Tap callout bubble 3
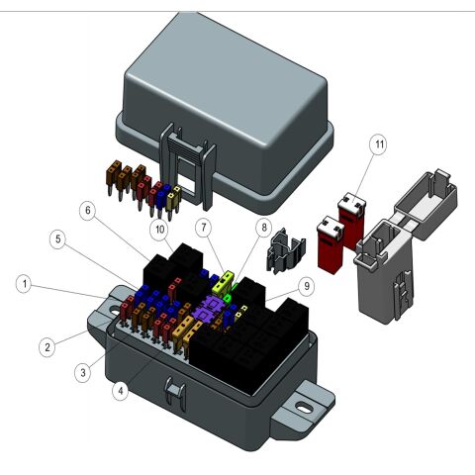pos(83,371)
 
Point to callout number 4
pos(120,390)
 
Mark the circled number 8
pos(263,228)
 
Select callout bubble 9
pos(306,287)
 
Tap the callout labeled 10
pos(158,230)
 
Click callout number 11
pos(378,144)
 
